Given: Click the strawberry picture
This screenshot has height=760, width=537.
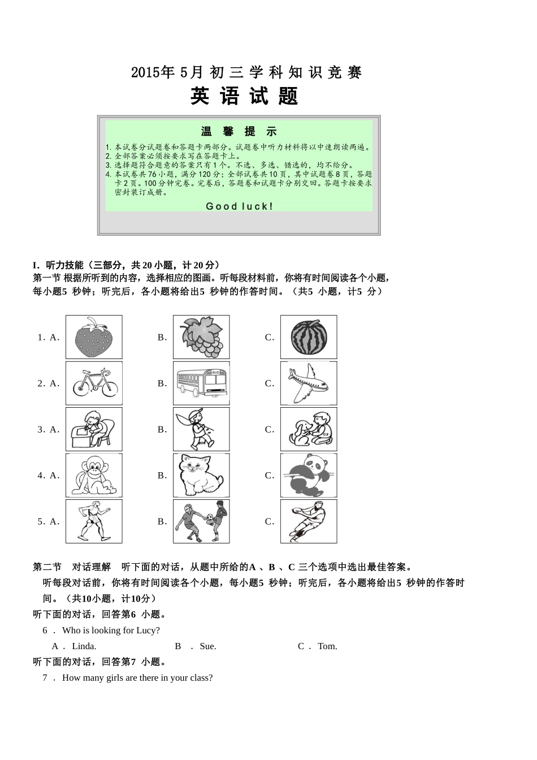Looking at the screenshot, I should [x=94, y=337].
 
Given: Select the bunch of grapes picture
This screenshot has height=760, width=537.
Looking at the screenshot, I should [x=201, y=337].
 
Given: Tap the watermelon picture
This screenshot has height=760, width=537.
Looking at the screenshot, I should [x=309, y=337].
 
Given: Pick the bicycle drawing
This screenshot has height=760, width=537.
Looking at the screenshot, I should [x=94, y=383].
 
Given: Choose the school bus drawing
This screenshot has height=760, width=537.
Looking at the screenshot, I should [x=201, y=383].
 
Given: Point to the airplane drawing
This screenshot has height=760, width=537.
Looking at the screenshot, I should [x=309, y=383].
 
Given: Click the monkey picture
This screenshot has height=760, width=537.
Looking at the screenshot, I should [x=94, y=476].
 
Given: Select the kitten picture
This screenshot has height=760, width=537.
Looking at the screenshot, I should [x=201, y=476].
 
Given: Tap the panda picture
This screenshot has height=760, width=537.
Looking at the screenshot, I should [x=309, y=476].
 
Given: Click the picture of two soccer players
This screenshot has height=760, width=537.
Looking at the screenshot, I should [x=201, y=521].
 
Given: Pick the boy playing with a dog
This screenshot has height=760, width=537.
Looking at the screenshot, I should [x=309, y=429].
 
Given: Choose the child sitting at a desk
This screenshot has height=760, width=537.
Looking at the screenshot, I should [x=94, y=429].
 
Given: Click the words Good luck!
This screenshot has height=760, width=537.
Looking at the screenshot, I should [x=240, y=206].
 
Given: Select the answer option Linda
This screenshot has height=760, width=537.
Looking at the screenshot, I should [x=84, y=646].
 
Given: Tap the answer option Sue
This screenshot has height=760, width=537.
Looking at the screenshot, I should [x=208, y=646].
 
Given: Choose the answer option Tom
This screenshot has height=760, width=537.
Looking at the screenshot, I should [x=327, y=646].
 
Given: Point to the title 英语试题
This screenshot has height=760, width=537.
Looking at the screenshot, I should [x=244, y=96].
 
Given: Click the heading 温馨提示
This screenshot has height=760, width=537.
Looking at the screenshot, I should [x=239, y=132].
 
